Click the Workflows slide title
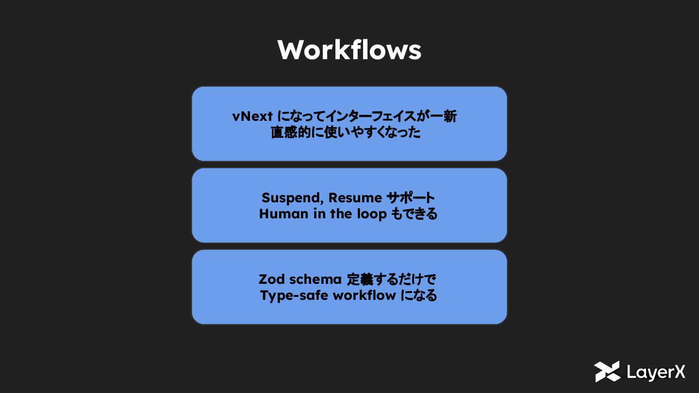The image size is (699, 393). (349, 49)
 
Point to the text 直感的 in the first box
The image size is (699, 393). (287, 132)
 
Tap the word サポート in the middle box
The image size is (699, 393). (411, 198)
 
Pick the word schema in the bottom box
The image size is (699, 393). (314, 279)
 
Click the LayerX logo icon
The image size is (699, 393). (607, 372)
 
